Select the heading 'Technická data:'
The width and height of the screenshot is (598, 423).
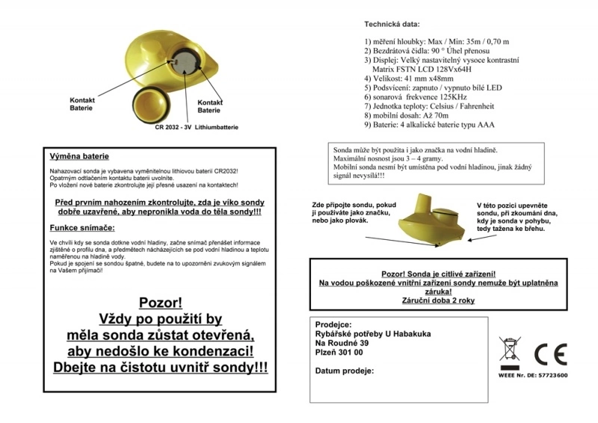[x=391, y=25]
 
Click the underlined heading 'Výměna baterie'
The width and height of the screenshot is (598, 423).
[x=79, y=157]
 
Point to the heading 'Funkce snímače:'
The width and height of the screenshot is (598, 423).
[x=81, y=227]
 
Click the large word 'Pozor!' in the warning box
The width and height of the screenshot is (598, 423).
[x=161, y=303]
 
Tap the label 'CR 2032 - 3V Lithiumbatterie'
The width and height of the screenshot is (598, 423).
[x=197, y=128]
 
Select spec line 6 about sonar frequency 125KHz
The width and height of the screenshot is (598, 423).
[x=416, y=97]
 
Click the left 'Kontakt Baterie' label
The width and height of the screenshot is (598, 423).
[x=81, y=104]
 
